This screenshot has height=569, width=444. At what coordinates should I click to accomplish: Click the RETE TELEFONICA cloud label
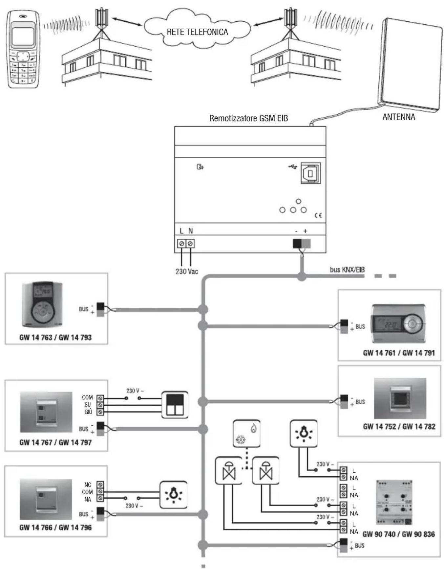point(197,32)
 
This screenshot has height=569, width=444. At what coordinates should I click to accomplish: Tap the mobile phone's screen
point(23,36)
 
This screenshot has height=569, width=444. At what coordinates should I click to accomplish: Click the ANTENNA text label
point(398,117)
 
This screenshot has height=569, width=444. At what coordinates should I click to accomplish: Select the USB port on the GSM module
point(310,173)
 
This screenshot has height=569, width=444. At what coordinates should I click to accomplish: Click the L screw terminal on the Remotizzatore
point(181,244)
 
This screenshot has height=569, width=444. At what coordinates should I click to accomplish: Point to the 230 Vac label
point(186,272)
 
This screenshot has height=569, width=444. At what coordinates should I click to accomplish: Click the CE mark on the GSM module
point(318,215)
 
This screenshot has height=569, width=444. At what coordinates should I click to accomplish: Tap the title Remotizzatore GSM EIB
point(248,118)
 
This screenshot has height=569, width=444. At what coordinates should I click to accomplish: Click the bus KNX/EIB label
point(347,270)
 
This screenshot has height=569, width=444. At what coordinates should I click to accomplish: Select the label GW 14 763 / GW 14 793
point(55,338)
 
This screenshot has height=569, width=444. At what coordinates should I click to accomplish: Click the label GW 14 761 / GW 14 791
point(399,353)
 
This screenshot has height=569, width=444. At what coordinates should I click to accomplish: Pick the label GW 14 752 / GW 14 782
point(399,427)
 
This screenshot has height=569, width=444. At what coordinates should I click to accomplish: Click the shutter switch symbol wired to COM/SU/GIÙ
point(175,405)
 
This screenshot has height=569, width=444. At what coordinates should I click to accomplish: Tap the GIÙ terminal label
point(88,412)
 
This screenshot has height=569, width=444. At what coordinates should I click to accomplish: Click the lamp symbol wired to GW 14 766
point(173,495)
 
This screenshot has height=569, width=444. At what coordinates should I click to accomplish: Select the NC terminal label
point(88,485)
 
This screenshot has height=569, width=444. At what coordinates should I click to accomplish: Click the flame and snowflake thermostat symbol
point(246,434)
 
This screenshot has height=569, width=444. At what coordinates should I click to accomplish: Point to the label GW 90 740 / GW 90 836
point(398,534)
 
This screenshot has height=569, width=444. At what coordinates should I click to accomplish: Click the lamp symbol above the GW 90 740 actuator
point(304,434)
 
